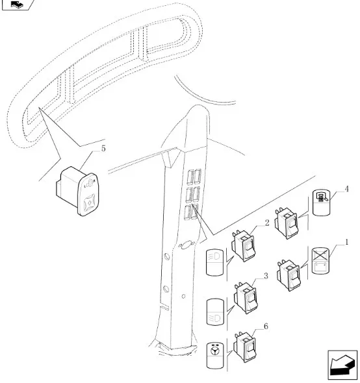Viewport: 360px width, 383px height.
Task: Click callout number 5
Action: [x=103, y=148]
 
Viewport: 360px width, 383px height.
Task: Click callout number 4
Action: [x=346, y=189]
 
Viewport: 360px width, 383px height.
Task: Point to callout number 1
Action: [x=346, y=242]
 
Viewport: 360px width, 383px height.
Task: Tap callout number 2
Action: [x=267, y=223]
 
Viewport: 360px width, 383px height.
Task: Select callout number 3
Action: [x=266, y=276]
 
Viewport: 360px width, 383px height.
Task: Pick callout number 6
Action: [x=266, y=326]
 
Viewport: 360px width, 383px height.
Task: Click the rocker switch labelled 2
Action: [x=244, y=246]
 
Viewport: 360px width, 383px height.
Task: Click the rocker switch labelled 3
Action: [x=246, y=298]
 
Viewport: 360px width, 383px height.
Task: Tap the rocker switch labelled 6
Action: [x=245, y=347]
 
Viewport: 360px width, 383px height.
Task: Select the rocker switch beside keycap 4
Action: [x=286, y=223]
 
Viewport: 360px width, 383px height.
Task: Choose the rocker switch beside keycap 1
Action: [x=289, y=275]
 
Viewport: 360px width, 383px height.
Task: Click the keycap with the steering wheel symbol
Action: [x=215, y=355]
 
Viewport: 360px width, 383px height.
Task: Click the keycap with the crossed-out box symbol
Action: [x=321, y=261]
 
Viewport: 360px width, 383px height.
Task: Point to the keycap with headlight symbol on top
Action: [x=215, y=262]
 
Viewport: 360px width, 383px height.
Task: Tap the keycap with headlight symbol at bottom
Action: [x=215, y=312]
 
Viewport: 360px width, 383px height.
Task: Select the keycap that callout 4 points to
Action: [x=322, y=203]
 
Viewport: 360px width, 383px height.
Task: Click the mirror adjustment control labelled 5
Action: [x=78, y=191]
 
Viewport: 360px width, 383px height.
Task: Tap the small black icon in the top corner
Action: [x=17, y=4]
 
